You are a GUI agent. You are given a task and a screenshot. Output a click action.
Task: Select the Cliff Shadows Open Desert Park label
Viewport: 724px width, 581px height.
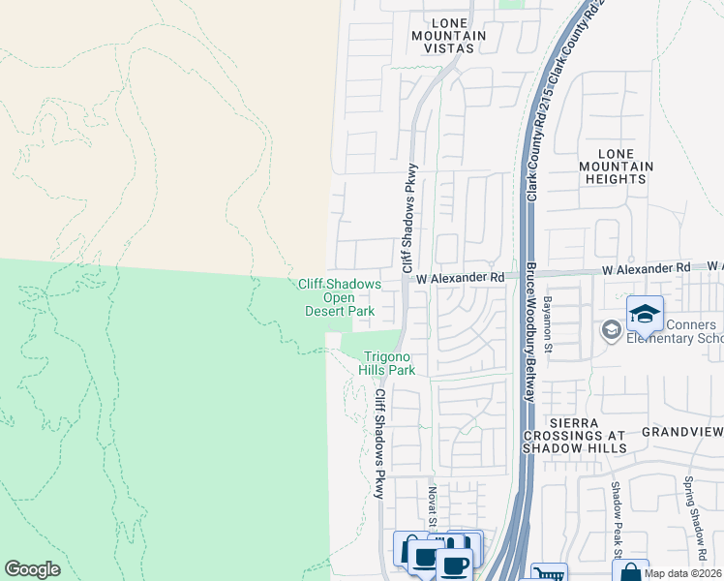(339, 297)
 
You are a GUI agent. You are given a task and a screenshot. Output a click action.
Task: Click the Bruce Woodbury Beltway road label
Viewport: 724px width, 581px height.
(530, 320)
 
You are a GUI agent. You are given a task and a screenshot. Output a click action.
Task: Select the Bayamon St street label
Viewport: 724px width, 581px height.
(547, 324)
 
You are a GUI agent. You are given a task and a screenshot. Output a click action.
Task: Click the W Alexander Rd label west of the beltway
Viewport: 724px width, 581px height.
(461, 277)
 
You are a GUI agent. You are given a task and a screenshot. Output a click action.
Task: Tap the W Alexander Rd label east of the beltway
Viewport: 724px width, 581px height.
(646, 266)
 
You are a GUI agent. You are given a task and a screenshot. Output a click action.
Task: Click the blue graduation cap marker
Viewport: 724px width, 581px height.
(645, 315)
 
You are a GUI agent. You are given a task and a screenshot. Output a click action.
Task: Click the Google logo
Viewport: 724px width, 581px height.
(32, 569)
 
